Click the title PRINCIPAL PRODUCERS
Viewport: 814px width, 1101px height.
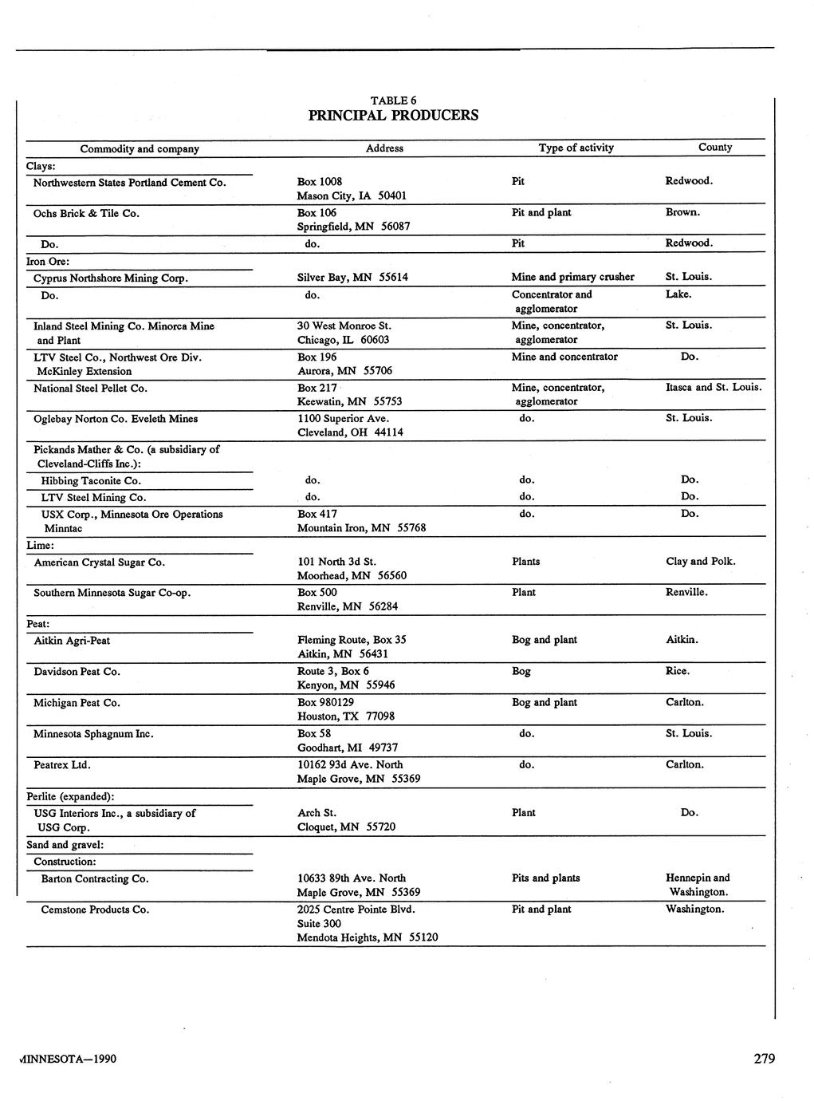coord(393,115)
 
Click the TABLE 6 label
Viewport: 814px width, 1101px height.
coord(393,101)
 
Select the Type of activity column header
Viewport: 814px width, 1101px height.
coord(576,148)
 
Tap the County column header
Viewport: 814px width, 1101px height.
coord(714,147)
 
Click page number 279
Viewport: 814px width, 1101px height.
coord(764,1059)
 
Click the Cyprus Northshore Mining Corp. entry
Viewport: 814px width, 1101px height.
coord(111,278)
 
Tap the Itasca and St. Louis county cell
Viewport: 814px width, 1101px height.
coord(714,388)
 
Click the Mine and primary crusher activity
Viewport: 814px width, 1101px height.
coord(572,277)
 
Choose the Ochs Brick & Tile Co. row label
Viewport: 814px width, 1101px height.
coord(86,213)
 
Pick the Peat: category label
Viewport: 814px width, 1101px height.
coord(38,624)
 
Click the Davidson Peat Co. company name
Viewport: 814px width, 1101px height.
coord(77,672)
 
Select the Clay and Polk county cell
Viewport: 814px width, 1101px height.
coord(700,562)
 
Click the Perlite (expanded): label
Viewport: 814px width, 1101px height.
coord(70,796)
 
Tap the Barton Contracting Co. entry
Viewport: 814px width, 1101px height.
coord(95,879)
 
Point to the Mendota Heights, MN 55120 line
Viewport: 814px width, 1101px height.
coord(367,937)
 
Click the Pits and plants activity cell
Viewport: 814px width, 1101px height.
coord(545,878)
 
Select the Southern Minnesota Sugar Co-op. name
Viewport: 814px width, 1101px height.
coord(112,593)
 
